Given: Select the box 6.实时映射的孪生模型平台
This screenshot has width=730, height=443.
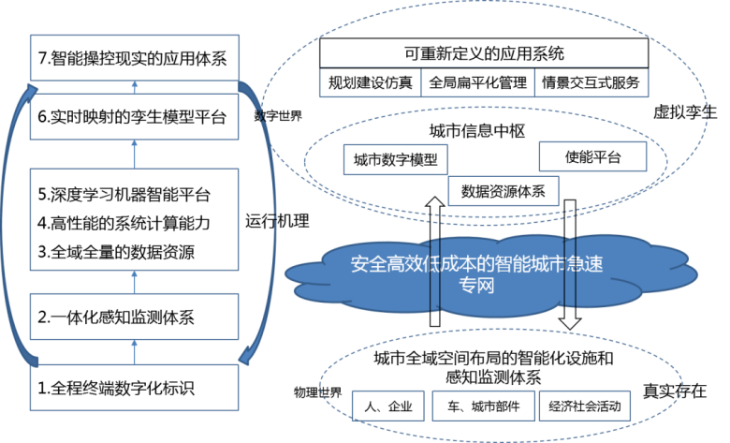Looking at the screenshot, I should (x=134, y=118).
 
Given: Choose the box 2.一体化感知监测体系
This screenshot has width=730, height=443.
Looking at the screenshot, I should (x=134, y=317).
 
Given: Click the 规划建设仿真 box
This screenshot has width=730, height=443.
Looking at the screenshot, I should (x=369, y=82).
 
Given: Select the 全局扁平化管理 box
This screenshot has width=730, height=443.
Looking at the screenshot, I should (x=478, y=82).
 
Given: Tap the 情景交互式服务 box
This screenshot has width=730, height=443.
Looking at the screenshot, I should (x=591, y=82).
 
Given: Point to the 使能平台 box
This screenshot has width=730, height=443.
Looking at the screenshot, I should (x=592, y=156).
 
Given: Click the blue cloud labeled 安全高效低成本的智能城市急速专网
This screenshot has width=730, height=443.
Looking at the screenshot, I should (x=477, y=273).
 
